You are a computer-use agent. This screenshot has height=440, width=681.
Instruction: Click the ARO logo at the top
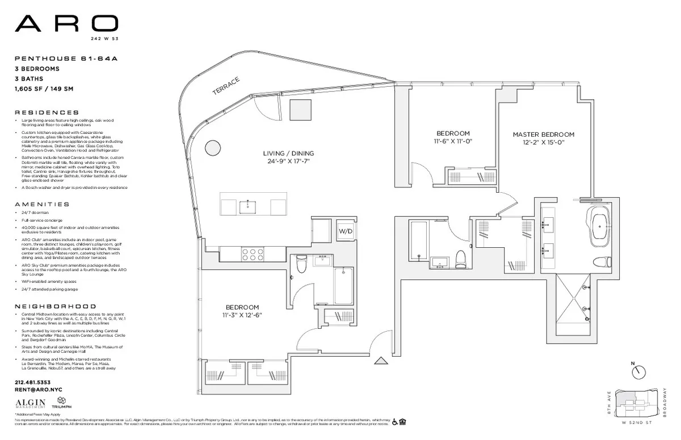pos(66,24)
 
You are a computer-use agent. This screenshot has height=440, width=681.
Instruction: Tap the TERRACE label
pos(226,85)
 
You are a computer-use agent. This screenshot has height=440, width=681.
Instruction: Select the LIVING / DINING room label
pos(288,154)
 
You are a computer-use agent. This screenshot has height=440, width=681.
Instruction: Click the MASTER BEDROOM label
pos(543,134)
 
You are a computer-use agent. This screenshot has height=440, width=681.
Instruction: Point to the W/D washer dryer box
pos(346,231)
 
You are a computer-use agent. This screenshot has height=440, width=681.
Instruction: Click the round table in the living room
pos(212,147)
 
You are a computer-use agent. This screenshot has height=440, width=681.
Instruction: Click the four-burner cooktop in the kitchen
pos(253,253)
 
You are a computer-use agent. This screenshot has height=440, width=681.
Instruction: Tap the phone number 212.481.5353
pos(33,382)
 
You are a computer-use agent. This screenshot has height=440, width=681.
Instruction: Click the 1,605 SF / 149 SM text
pos(44,89)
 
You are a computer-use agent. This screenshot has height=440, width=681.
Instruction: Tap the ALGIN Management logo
pos(31,403)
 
